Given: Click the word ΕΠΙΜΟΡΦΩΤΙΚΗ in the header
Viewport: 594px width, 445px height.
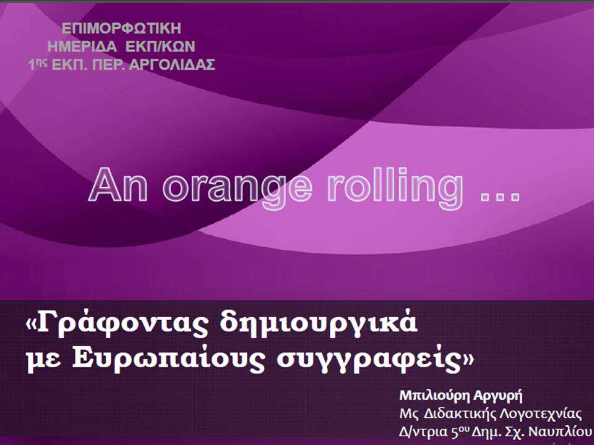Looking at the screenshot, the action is click(x=122, y=28).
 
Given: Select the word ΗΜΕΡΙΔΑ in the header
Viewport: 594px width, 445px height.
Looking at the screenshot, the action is click(x=82, y=46).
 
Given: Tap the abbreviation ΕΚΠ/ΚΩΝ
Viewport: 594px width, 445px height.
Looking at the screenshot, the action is click(x=160, y=46).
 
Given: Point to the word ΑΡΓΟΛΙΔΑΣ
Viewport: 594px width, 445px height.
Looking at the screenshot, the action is click(x=172, y=65).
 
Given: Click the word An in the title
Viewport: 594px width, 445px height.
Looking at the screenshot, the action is click(x=118, y=185).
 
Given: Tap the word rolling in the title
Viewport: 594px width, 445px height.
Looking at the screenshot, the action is click(x=395, y=187).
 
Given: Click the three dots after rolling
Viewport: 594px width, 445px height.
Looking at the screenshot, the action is click(x=499, y=197).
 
